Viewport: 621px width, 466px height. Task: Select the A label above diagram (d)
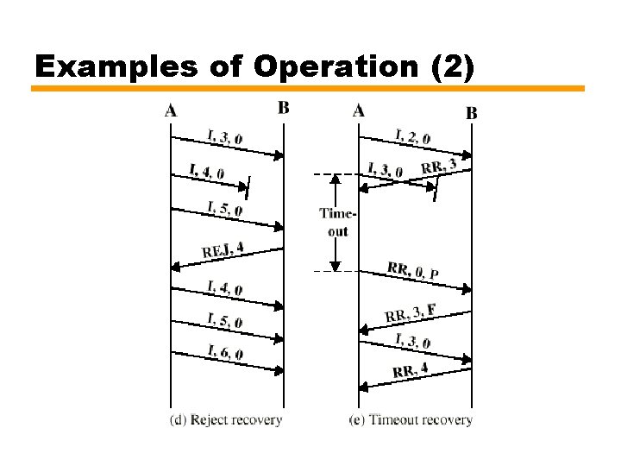click(x=170, y=110)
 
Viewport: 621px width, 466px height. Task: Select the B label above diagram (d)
click(x=284, y=108)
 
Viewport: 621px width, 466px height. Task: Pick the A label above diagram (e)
click(x=359, y=110)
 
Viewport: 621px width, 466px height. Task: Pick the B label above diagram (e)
click(x=472, y=112)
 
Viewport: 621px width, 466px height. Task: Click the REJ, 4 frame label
click(x=223, y=250)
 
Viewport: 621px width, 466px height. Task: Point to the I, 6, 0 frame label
click(x=225, y=352)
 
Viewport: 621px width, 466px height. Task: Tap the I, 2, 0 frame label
click(x=412, y=135)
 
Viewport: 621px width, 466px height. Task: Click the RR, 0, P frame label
click(x=413, y=271)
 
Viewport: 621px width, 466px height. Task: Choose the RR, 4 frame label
click(x=411, y=371)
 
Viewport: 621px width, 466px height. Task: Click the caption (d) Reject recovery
click(x=224, y=420)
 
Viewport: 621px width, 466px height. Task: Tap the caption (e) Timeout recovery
click(x=411, y=420)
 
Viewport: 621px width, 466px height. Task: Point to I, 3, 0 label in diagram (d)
click(x=224, y=136)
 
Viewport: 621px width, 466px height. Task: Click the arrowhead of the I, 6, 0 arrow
click(x=280, y=370)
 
